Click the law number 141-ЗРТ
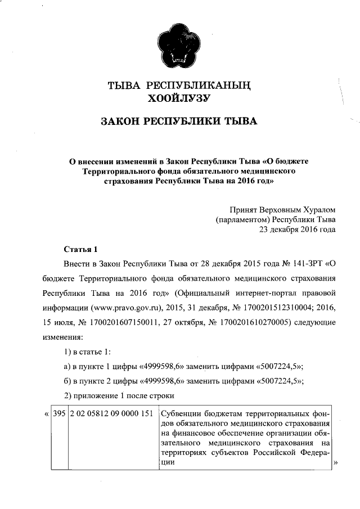pyautogui.click(x=304, y=263)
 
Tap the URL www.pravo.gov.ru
pyautogui.click(x=122, y=308)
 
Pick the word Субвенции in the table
pyautogui.click(x=181, y=414)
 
